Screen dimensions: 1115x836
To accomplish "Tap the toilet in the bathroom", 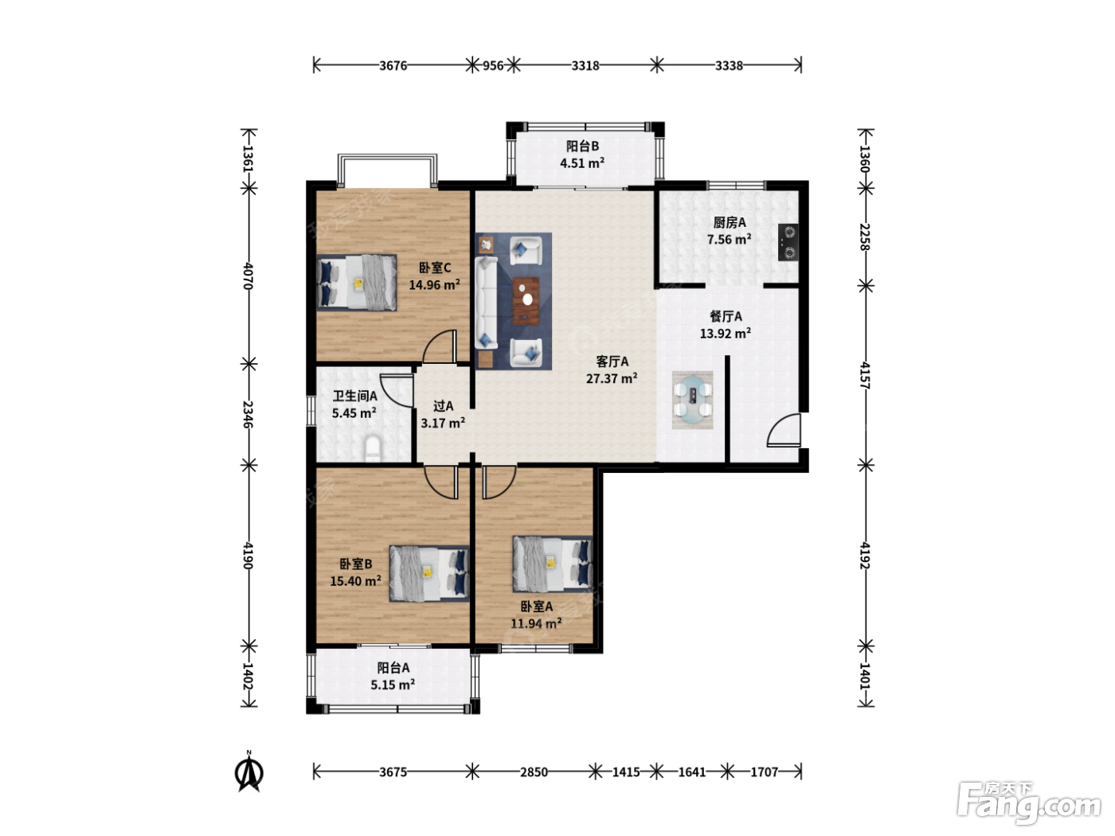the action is pyautogui.click(x=373, y=448).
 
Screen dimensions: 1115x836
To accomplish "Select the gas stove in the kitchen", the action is pyautogui.click(x=788, y=242).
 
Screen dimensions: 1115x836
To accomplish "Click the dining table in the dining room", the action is pyautogui.click(x=692, y=400).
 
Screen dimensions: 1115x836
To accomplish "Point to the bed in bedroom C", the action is pyautogui.click(x=357, y=282).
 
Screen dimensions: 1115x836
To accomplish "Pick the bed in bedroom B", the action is pyautogui.click(x=429, y=573).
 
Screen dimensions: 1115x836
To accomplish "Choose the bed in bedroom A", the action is pyautogui.click(x=553, y=564).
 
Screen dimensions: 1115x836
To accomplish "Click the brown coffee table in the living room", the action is pyautogui.click(x=526, y=301).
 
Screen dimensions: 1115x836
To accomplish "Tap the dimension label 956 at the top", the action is pyautogui.click(x=493, y=65).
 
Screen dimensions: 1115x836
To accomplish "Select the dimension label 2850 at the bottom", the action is pyautogui.click(x=534, y=772).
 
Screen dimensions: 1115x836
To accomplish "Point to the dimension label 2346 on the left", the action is pyautogui.click(x=248, y=414).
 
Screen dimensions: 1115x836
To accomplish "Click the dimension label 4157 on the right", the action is pyautogui.click(x=865, y=375).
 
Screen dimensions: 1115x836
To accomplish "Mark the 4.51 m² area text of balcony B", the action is pyautogui.click(x=582, y=163).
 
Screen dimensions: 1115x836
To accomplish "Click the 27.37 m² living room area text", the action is pyautogui.click(x=612, y=378).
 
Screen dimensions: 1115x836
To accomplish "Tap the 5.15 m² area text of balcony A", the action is pyautogui.click(x=393, y=685).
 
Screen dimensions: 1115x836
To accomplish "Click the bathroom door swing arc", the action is pyautogui.click(x=397, y=390).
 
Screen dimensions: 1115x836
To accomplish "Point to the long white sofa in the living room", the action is pyautogui.click(x=486, y=303).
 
